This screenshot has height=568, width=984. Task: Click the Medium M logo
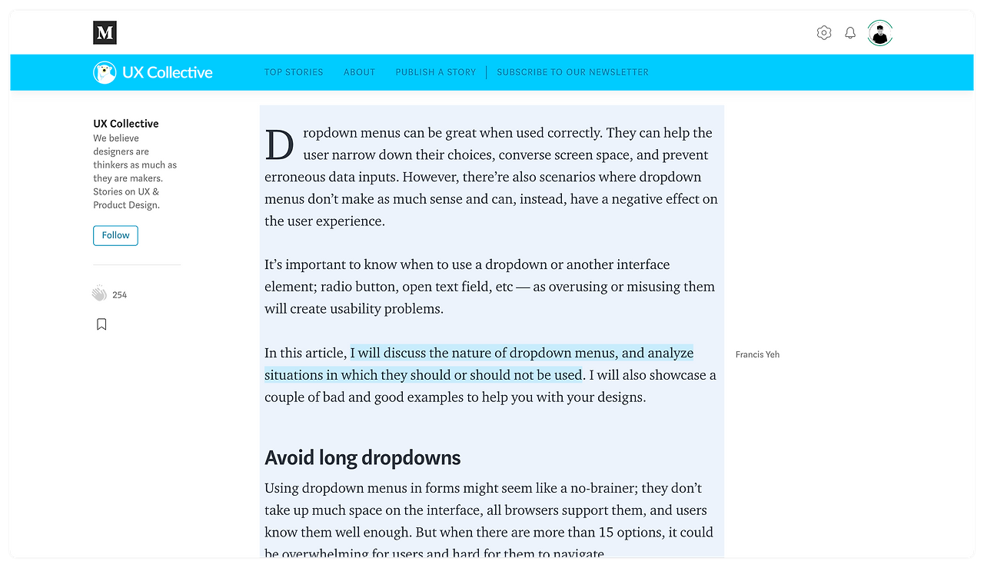[x=105, y=33]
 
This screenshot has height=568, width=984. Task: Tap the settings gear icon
[x=824, y=33]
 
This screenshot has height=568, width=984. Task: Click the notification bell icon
[x=850, y=33]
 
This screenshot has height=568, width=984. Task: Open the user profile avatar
[x=880, y=33]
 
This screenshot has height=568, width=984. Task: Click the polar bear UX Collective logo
[x=105, y=72]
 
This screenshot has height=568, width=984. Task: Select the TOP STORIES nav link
[x=294, y=72]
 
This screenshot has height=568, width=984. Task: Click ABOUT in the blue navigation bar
[x=359, y=72]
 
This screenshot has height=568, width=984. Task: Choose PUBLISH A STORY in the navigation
[x=435, y=72]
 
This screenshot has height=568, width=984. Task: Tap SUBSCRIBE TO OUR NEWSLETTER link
[x=572, y=72]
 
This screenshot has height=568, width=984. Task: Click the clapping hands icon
[x=99, y=294]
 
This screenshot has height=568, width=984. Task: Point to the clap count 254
[x=119, y=295]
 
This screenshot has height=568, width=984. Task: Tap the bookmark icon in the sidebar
[x=101, y=324]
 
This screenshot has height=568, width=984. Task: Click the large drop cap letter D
[x=280, y=145]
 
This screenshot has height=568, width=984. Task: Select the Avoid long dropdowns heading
[x=362, y=458]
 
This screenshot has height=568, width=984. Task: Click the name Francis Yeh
[x=757, y=355]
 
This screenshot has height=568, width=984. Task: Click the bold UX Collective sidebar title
[x=126, y=124]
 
